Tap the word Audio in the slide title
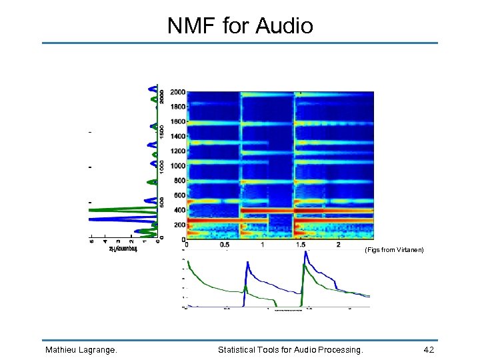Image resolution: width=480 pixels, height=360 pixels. pos(285,26)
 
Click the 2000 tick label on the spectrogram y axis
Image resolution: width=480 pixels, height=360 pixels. pos(177,92)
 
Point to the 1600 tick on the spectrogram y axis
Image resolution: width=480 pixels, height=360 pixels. pos(177,121)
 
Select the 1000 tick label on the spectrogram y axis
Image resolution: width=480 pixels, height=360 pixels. pos(177,165)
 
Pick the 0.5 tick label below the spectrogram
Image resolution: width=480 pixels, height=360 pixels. pos(224,245)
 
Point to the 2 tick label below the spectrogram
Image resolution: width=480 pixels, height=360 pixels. pos(339,245)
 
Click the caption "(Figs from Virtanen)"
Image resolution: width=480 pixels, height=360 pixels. pos(394,250)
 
